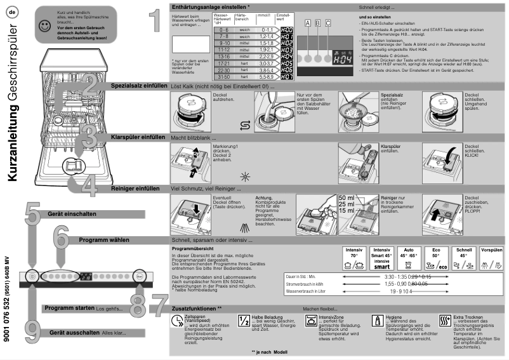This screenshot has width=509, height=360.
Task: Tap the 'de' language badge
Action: [13, 13]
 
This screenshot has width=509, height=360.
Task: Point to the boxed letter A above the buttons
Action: [308, 23]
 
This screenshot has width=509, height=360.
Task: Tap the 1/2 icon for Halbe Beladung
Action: [244, 321]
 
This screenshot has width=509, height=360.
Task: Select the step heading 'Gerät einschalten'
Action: [72, 215]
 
